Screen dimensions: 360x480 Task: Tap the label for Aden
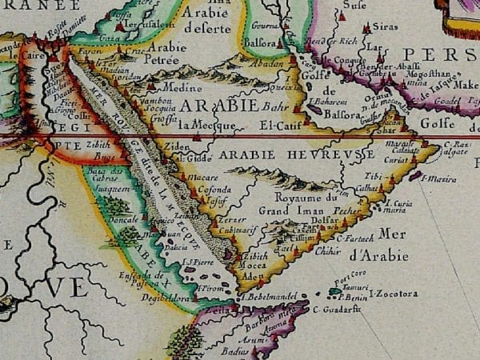pyautogui.click(x=250, y=275)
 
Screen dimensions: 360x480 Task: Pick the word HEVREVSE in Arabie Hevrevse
pyautogui.click(x=340, y=154)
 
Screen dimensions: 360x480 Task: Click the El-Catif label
pyautogui.click(x=278, y=126)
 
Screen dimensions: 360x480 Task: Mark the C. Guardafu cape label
pyautogui.click(x=334, y=309)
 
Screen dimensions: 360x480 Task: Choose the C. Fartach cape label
pyautogui.click(x=355, y=238)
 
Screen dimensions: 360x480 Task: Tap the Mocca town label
pyautogui.click(x=255, y=265)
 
